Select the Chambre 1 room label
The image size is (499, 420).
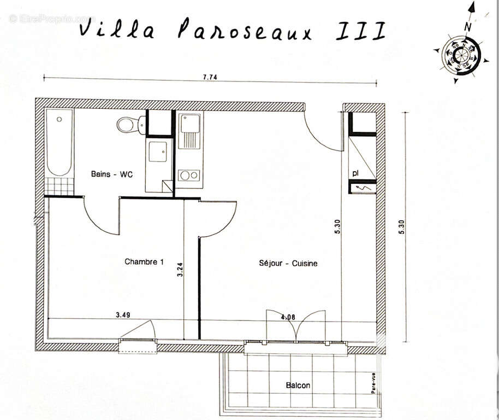click(x=144, y=262)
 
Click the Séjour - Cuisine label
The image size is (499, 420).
click(x=288, y=263)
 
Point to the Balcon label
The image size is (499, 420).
click(x=298, y=385)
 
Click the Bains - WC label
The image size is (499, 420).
click(x=111, y=174)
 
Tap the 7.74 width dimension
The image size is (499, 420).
click(x=210, y=78)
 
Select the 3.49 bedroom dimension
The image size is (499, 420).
click(x=123, y=315)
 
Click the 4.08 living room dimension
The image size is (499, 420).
click(x=289, y=316)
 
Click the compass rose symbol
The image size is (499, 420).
click(x=462, y=55)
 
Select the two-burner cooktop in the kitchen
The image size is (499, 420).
click(x=189, y=176)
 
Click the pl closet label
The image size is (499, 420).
click(x=355, y=173)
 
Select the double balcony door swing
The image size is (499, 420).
click(x=295, y=325)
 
